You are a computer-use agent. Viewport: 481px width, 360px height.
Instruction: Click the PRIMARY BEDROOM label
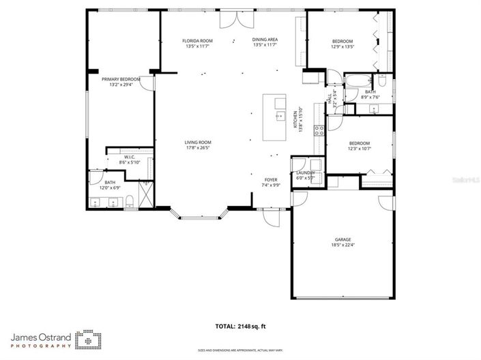[121, 79]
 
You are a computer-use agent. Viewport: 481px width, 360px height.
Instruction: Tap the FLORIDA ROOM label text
[197, 41]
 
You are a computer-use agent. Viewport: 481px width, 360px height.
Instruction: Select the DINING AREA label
[265, 41]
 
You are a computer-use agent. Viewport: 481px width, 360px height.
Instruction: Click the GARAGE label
[342, 240]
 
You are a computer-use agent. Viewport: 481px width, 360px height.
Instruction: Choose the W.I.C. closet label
[129, 157]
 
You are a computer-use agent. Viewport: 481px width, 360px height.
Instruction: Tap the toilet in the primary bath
[128, 200]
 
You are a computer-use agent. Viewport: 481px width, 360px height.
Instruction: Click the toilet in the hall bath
[383, 82]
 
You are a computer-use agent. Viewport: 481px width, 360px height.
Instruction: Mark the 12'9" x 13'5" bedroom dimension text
[342, 47]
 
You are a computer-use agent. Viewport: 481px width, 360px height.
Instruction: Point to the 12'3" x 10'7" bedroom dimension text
[359, 148]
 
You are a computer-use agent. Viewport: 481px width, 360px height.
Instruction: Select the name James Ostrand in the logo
[41, 336]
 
